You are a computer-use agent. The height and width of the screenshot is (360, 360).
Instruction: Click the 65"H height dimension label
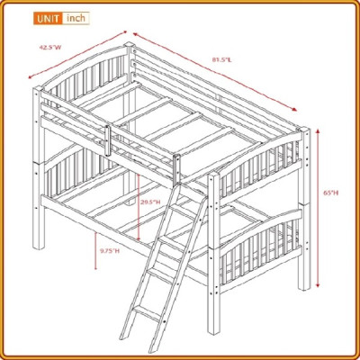[332, 193]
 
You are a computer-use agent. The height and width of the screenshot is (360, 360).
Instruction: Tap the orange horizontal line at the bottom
[180, 353]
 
